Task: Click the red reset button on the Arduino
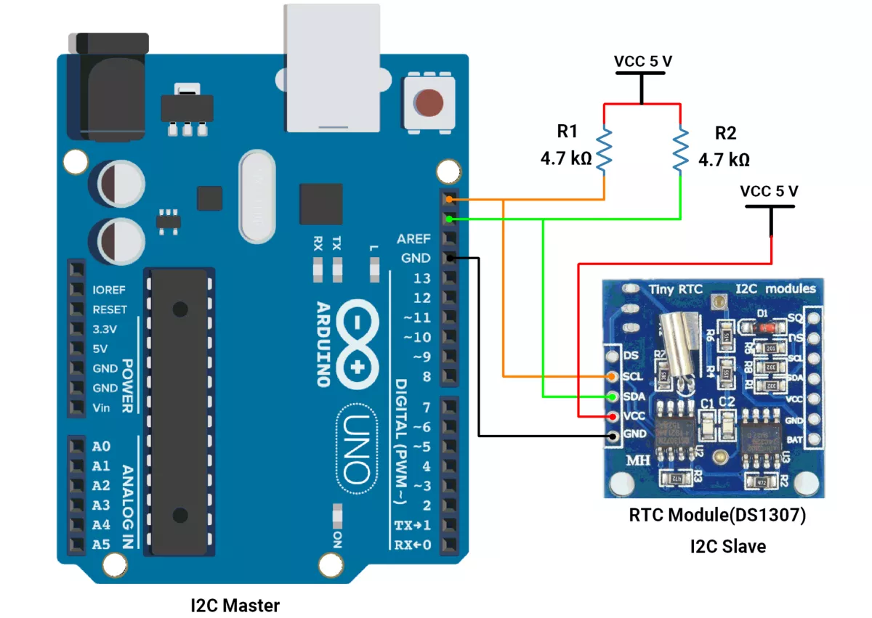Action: pyautogui.click(x=430, y=102)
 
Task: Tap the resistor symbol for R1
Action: pyautogui.click(x=605, y=150)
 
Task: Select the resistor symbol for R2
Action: pyautogui.click(x=681, y=150)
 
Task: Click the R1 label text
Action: pyautogui.click(x=567, y=131)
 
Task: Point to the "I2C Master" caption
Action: pyautogui.click(x=235, y=604)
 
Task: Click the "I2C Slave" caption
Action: pyautogui.click(x=727, y=546)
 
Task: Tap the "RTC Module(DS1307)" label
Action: pyautogui.click(x=717, y=516)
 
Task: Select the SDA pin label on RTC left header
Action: pyautogui.click(x=634, y=397)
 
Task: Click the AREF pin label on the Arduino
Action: pyautogui.click(x=413, y=239)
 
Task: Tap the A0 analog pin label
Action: pyautogui.click(x=102, y=446)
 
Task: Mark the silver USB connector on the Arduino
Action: pyautogui.click(x=333, y=69)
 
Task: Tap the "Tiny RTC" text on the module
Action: pyautogui.click(x=675, y=289)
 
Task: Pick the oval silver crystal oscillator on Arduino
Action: pyautogui.click(x=256, y=196)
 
